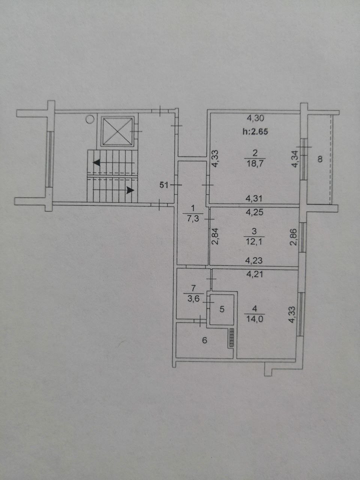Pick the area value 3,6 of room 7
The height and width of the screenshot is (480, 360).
point(193,299)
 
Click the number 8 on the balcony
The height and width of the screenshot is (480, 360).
point(320,159)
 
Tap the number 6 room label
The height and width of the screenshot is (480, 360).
point(204,340)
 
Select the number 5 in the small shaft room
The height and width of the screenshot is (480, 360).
point(222,309)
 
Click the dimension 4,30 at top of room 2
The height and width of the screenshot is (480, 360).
point(255,118)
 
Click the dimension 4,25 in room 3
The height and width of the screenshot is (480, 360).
point(254,212)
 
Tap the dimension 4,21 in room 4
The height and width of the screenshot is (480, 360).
point(255,274)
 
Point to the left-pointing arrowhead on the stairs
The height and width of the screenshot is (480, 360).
point(97,162)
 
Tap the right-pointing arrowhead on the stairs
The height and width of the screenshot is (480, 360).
point(130,190)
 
